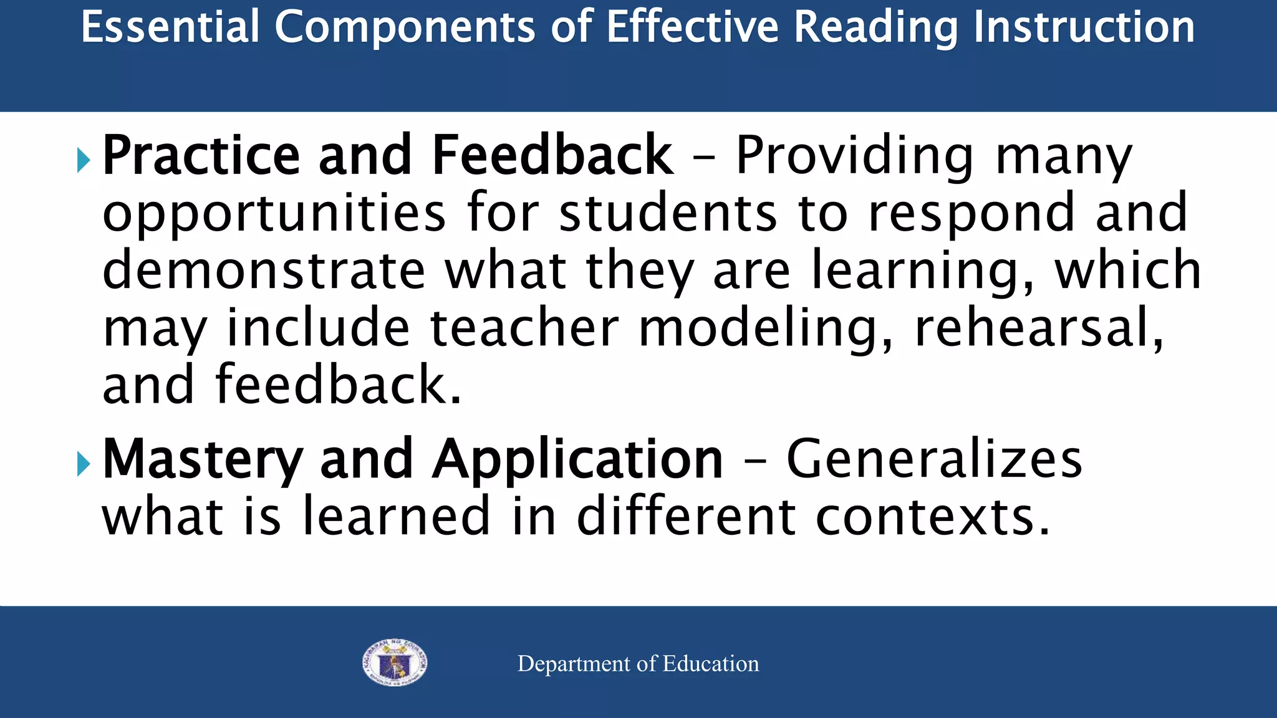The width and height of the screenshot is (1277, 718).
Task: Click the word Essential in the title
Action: (170, 27)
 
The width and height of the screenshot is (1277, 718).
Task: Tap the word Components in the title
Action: (405, 27)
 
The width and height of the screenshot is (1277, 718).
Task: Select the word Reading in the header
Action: (876, 27)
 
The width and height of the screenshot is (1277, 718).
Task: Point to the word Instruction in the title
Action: (1084, 27)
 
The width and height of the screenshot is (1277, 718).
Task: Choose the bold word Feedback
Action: (552, 155)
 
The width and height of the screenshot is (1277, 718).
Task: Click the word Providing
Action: (854, 155)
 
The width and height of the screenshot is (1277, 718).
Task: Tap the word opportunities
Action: (274, 214)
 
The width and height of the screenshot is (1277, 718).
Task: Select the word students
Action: (668, 213)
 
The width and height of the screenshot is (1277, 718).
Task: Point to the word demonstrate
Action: (263, 270)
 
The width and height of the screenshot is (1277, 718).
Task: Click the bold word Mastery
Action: (203, 460)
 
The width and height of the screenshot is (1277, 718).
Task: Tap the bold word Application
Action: (577, 460)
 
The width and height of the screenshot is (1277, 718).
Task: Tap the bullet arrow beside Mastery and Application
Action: (84, 464)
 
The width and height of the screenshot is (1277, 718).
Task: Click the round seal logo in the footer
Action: (395, 663)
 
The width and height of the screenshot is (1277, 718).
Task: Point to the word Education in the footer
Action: (710, 664)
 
